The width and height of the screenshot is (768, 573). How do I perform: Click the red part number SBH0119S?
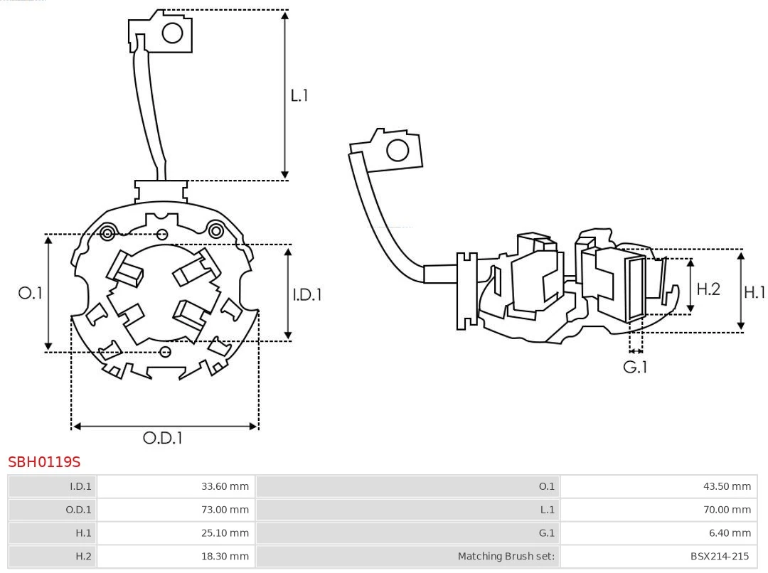click(44, 462)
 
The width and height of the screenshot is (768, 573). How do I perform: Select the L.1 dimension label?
click(299, 95)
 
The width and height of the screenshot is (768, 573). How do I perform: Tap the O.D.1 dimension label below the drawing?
click(163, 438)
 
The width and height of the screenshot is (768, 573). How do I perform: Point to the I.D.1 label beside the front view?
click(307, 294)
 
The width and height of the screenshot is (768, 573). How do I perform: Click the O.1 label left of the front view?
click(30, 293)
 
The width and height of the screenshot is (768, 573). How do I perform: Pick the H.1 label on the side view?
click(754, 291)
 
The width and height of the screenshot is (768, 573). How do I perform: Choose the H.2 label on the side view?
click(708, 289)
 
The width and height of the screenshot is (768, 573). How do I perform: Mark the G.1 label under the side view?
click(635, 368)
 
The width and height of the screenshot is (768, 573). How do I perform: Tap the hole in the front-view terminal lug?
click(172, 33)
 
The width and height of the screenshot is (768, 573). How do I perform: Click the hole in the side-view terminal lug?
click(397, 151)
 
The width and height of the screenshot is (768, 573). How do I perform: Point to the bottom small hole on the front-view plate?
click(166, 352)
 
